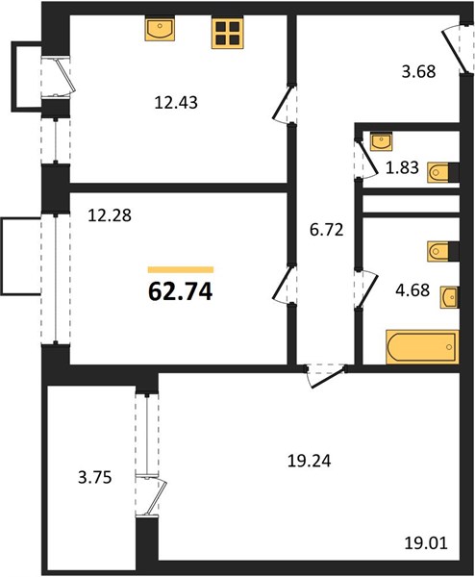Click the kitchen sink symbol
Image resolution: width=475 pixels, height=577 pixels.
point(160,29)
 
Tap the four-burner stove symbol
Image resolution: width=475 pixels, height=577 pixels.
point(228,33)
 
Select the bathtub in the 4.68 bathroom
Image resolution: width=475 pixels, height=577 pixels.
point(422,347)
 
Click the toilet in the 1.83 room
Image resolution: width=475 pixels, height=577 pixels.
point(439,172)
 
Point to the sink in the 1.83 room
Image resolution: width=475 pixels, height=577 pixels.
point(381,141)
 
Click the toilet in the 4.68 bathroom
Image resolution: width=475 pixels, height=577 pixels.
point(438,251)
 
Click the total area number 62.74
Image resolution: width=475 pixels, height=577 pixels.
point(180,292)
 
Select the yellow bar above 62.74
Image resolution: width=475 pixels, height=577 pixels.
point(181,269)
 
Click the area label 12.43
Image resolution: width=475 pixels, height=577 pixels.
point(176,103)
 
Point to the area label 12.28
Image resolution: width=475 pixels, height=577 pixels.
point(110,215)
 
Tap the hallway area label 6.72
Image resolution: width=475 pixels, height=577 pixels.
point(327,230)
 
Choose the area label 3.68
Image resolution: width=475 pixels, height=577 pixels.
point(418,71)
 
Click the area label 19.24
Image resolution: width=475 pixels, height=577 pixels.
point(309,461)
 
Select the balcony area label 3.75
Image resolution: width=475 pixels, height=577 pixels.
point(95,478)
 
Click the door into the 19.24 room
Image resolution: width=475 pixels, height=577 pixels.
point(327,375)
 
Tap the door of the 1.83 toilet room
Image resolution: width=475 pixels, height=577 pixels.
point(366,159)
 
